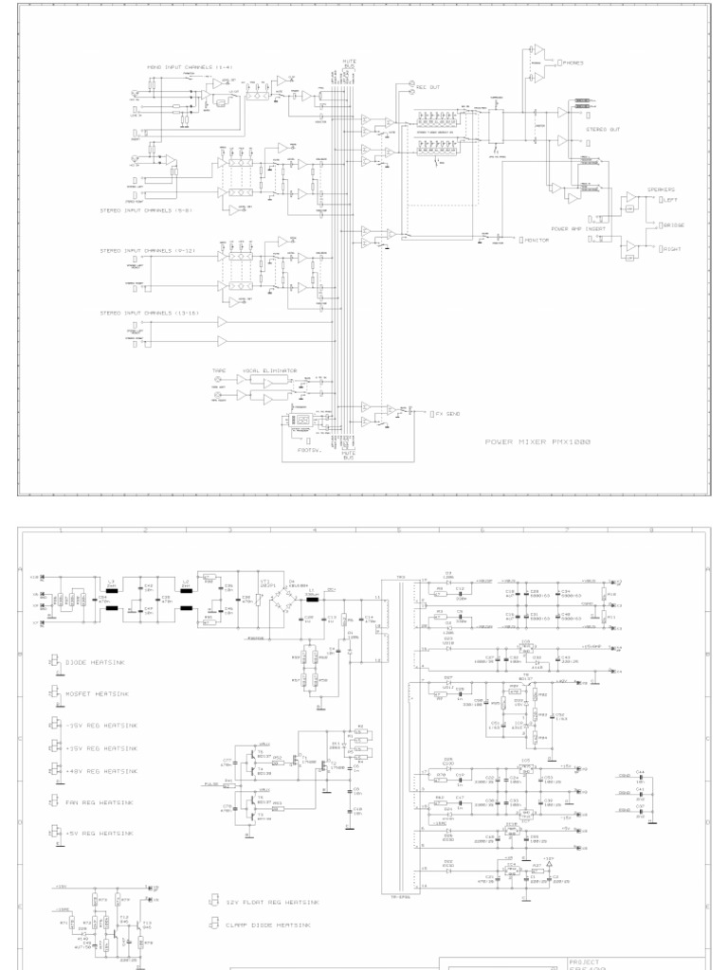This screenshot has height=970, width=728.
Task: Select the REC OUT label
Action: coord(428,87)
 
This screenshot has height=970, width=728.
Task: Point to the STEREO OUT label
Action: coord(602,129)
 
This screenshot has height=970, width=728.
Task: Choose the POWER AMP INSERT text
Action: coord(579,228)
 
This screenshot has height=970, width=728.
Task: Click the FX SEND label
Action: coord(446,414)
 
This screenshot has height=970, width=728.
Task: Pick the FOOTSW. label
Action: coord(310,450)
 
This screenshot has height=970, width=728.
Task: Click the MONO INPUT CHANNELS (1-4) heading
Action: coord(190,67)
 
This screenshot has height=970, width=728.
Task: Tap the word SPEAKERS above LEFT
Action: coord(662,189)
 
